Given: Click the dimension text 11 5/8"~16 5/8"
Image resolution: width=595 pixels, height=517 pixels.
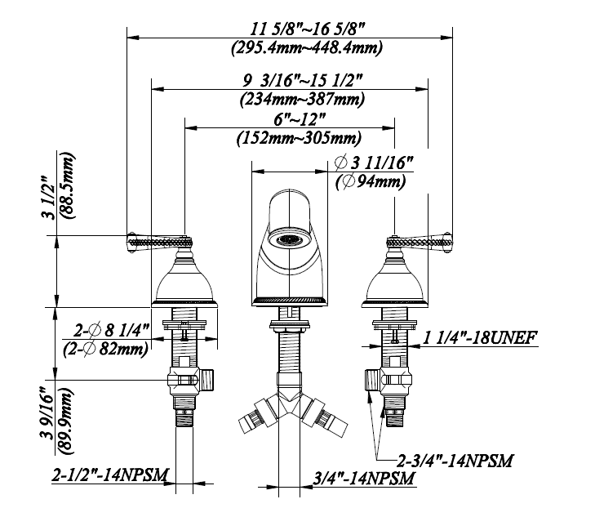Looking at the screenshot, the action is [308, 29].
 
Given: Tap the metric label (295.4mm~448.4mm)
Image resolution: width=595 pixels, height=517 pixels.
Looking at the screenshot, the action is [307, 48].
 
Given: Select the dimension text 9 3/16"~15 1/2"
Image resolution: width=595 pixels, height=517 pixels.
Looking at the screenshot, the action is [303, 81].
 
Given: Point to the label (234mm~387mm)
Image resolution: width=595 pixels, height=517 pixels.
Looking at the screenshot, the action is [303, 99].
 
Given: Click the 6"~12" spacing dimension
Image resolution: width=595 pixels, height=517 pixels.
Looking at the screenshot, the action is [300, 120].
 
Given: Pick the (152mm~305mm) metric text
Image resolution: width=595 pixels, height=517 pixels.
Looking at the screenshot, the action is [299, 138].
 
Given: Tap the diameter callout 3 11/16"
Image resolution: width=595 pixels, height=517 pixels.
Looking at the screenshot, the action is [374, 163].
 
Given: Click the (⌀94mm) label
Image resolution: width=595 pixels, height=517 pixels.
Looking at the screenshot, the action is [371, 181].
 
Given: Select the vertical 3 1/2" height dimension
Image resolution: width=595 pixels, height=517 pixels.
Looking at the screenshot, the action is [49, 198].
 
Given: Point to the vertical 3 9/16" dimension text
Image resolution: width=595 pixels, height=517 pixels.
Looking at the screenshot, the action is [48, 413].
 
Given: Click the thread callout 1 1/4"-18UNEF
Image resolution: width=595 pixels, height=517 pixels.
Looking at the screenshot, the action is [480, 337].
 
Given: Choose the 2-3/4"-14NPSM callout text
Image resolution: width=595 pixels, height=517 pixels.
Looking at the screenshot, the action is [455, 461].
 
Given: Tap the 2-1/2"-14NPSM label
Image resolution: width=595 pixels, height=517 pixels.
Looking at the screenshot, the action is [110, 475].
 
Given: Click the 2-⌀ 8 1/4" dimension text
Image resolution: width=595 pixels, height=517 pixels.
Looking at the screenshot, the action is [112, 331].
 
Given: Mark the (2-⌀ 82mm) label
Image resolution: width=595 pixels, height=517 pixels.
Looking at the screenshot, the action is [106, 349].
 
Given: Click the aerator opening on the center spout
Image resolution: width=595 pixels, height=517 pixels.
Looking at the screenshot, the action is [289, 240].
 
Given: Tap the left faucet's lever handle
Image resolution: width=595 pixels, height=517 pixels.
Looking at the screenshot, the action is [159, 242].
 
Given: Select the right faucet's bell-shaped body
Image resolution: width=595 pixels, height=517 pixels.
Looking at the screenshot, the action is [395, 283].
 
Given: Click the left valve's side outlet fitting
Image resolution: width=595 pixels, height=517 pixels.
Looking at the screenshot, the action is [206, 380].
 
